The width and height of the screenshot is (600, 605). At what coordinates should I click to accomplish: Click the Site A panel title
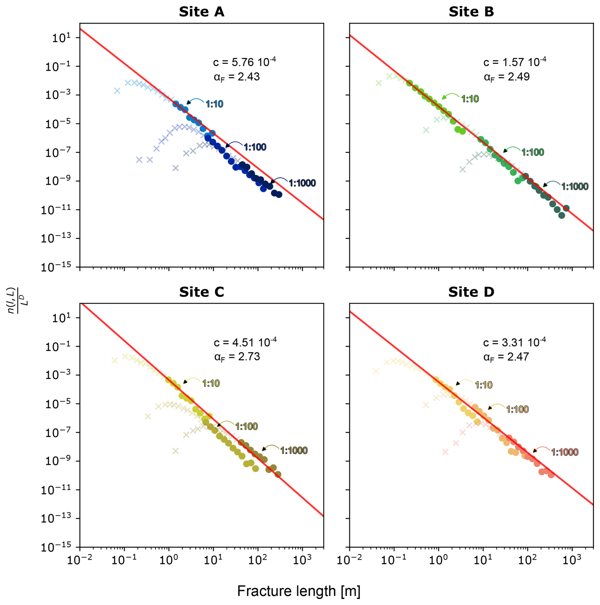coord(201,12)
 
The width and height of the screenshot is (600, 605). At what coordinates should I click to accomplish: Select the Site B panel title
coord(471,12)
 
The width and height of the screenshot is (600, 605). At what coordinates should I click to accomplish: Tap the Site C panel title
coord(201,292)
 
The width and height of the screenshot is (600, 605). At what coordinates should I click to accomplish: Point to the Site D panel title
coord(471,292)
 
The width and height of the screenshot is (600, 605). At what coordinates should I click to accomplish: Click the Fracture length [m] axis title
coord(298,591)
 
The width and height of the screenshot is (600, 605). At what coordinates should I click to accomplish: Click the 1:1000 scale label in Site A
coord(302,183)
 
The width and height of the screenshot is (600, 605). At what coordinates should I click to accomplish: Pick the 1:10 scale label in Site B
coord(470,99)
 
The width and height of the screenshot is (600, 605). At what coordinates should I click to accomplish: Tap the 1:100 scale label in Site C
coord(246,426)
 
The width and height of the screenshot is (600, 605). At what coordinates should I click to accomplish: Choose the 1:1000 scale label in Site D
coord(564,452)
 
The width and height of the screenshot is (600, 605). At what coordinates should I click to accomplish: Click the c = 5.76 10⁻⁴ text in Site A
coord(244,62)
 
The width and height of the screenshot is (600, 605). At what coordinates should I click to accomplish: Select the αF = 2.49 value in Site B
coord(506,77)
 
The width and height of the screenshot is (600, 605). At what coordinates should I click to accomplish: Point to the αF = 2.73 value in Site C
coord(237,357)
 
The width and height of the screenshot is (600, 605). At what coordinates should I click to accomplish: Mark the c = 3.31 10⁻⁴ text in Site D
coord(514,342)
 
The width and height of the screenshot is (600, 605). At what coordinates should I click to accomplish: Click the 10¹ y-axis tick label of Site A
coord(61,38)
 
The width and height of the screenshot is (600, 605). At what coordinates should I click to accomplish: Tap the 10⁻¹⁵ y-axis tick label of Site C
coord(56,547)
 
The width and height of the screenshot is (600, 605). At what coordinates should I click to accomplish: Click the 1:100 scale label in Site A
coord(255,147)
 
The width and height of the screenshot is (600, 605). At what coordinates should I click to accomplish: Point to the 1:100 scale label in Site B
coord(532,152)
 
